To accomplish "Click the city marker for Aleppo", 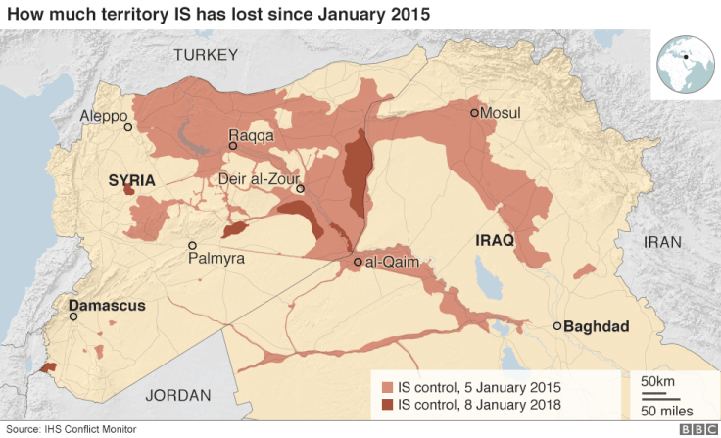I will coord(127,127).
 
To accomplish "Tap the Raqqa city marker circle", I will coord(233,146).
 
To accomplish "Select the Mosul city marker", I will coord(474,113).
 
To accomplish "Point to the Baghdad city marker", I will coord(557,326).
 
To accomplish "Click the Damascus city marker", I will coord(73,316).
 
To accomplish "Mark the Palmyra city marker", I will coord(193,245).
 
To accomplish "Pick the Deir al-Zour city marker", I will coord(301,189).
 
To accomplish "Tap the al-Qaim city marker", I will coord(358,263).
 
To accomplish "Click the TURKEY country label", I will coord(206,55).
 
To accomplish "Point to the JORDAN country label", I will coord(178,395).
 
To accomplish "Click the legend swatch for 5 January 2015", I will coord(388,385).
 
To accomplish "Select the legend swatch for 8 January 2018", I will coord(388,403).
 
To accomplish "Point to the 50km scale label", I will coord(657,379).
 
